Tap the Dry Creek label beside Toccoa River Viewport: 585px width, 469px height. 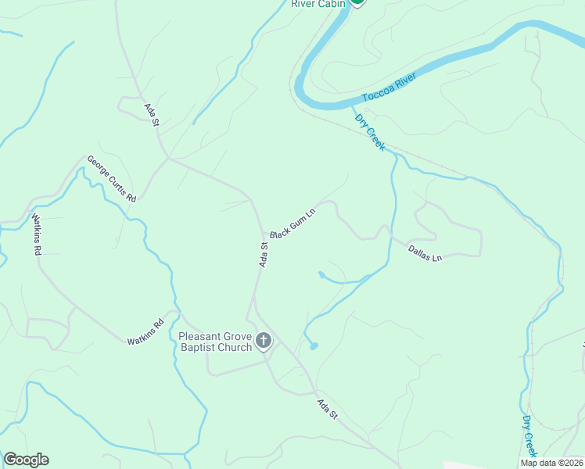click(x=370, y=132)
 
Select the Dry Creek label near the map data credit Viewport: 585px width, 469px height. click(x=530, y=435)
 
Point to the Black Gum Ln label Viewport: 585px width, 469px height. click(x=292, y=224)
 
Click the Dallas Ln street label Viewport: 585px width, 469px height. click(x=425, y=252)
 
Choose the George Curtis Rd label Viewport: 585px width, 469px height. click(x=112, y=178)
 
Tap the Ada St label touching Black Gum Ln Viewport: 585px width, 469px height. click(x=264, y=255)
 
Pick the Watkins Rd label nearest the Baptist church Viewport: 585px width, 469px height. click(x=146, y=333)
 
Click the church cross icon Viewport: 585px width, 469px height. click(x=264, y=341)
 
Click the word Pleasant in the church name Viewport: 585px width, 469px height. click(x=201, y=337)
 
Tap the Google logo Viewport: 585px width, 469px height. click(x=26, y=460)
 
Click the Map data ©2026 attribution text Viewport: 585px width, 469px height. click(x=551, y=463)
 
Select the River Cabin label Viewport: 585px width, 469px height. click(x=317, y=4)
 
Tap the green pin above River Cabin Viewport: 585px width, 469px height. click(x=357, y=2)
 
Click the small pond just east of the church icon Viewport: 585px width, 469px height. click(x=314, y=345)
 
